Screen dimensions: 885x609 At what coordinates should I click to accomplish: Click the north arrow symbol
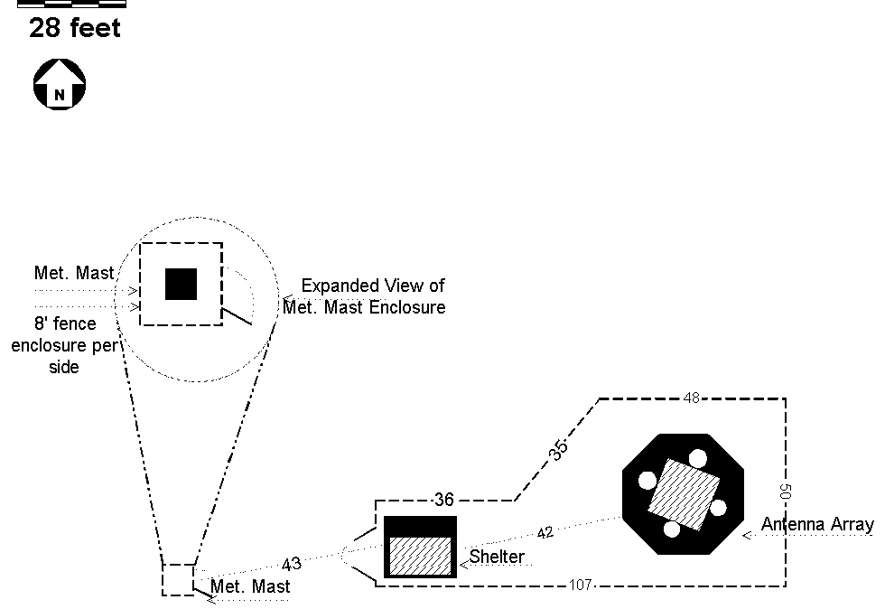tap(60, 84)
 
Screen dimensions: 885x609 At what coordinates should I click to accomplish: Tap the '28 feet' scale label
tap(74, 28)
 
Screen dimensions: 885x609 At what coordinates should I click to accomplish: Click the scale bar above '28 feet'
tap(71, 4)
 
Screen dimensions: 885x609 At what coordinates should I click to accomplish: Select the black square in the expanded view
tap(182, 284)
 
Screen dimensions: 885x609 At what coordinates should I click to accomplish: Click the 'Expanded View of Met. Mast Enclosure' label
tap(364, 296)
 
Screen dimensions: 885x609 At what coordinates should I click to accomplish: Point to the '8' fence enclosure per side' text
tap(64, 344)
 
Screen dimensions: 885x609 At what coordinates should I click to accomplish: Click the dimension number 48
tap(692, 398)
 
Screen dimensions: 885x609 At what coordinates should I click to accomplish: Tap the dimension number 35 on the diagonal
tap(558, 450)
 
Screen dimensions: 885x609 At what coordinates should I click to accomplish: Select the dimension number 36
tap(444, 500)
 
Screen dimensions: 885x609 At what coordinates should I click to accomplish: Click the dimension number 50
tap(785, 492)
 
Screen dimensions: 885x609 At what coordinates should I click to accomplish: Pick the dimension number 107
tap(580, 585)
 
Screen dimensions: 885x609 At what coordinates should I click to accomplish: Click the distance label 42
tap(545, 533)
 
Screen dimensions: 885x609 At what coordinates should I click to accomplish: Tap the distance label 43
tap(291, 564)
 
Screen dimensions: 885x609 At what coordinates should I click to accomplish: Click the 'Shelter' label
tap(497, 557)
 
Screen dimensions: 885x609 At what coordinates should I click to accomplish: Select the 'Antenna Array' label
tap(817, 524)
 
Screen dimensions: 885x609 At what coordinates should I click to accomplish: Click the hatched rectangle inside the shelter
tap(421, 556)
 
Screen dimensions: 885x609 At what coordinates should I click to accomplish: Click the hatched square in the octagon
tap(684, 494)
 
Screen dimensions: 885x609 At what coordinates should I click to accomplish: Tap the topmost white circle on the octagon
tap(697, 458)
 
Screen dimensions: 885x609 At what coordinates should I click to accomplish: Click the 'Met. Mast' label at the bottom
tap(251, 586)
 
